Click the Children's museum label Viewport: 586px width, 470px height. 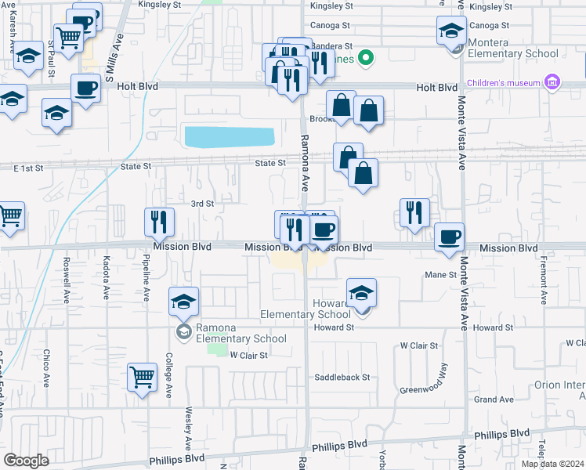click(504, 83)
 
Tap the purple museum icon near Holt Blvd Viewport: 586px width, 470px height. click(552, 82)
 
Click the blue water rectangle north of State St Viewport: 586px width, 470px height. click(229, 136)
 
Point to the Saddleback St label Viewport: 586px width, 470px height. click(342, 378)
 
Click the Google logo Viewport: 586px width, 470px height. click(26, 461)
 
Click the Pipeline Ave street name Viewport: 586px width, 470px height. click(146, 281)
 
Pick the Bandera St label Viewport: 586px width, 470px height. click(336, 46)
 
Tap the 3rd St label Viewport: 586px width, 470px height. click(203, 204)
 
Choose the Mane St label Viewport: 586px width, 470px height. click(440, 275)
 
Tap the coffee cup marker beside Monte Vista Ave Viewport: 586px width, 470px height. click(449, 236)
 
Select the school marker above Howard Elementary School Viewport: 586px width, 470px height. click(361, 293)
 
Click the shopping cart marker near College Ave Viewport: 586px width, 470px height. click(142, 376)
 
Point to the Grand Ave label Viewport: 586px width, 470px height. click(494, 399)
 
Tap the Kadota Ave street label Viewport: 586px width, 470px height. click(107, 281)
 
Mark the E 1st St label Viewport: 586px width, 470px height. click(26, 168)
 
